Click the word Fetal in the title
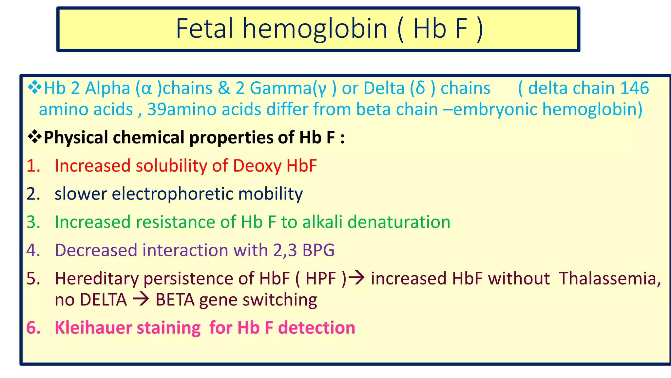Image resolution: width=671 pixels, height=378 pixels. tap(205, 29)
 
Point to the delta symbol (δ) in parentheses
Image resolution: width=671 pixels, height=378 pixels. tap(420, 88)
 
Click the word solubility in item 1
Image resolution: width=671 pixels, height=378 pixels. tap(171, 166)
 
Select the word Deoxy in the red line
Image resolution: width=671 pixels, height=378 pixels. tap(257, 166)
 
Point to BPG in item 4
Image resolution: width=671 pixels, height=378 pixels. tap(318, 250)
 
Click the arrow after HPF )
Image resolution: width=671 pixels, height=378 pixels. tap(356, 278)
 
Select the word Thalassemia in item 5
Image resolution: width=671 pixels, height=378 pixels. tap(610, 279)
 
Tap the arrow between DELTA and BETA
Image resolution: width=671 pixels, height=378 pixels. tap(141, 300)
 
